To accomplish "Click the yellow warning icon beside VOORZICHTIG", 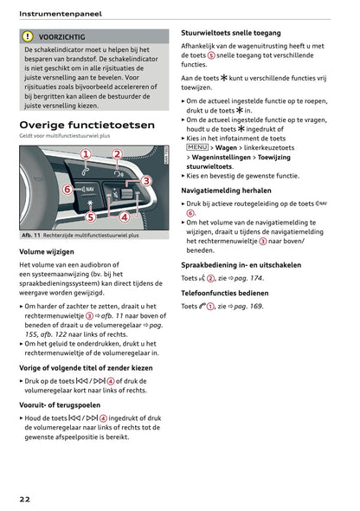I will (x=28, y=37).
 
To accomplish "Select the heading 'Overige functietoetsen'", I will (x=87, y=125).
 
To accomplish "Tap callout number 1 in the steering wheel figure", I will (x=85, y=154).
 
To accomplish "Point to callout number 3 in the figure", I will (x=146, y=180).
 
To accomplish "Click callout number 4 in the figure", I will (x=124, y=217).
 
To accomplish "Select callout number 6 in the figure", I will (x=67, y=189).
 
